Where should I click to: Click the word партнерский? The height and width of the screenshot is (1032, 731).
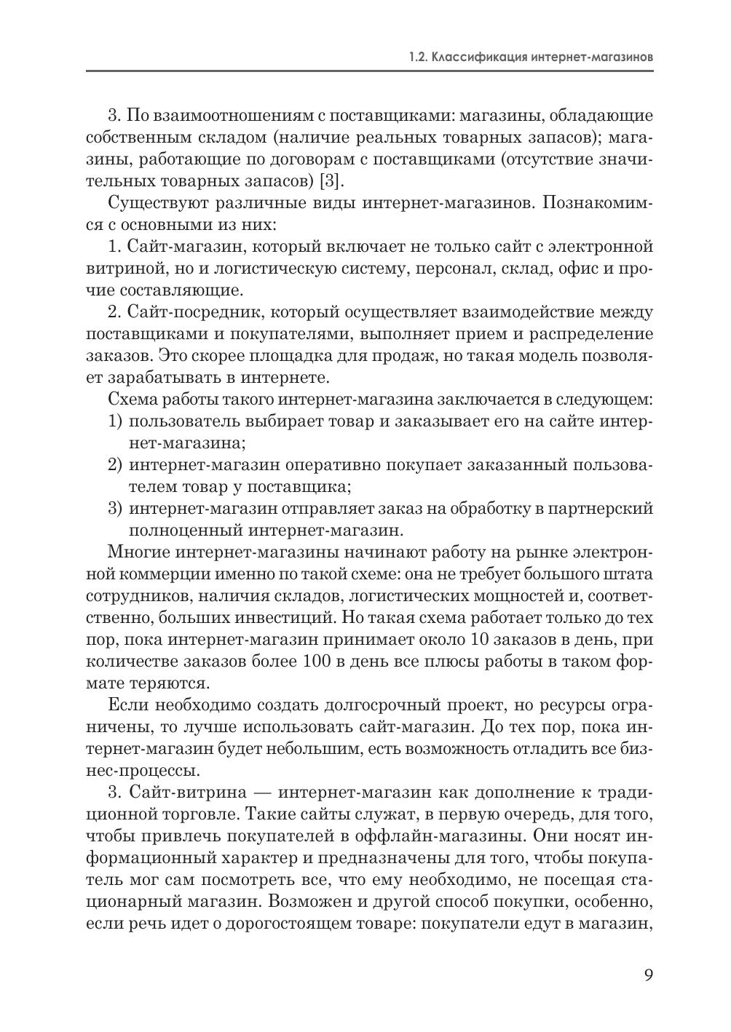click(602, 509)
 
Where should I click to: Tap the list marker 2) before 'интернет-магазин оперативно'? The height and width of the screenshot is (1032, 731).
click(115, 465)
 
